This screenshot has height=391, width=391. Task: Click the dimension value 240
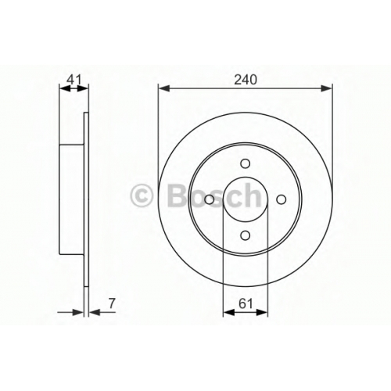pos(246,80)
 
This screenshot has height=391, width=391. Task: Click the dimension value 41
pos(74,79)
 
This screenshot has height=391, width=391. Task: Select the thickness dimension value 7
pos(112,303)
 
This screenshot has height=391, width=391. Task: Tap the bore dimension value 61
pos(246,303)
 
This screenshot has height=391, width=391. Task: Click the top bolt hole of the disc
pos(246,164)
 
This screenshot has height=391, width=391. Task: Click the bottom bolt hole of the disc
pos(246,235)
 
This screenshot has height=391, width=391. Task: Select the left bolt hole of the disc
pos(210,199)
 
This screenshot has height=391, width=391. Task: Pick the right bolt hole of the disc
pos(281,199)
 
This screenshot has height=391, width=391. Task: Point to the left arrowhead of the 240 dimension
pos(164,88)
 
